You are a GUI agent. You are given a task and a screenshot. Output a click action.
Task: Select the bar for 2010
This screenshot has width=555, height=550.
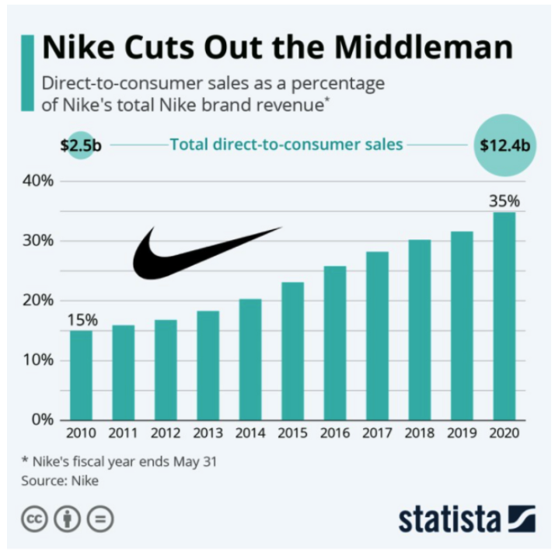coord(81,375)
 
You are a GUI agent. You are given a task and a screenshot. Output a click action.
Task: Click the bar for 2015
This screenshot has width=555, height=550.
coord(292,351)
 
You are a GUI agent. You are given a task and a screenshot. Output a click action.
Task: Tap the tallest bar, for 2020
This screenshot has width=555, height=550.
coord(504,316)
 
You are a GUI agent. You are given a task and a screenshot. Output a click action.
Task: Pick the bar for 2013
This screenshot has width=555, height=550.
coord(208,365)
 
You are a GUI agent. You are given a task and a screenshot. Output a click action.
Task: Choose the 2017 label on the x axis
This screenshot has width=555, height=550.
coord(377,433)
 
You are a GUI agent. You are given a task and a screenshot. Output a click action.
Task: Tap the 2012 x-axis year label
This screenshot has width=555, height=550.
coord(166,433)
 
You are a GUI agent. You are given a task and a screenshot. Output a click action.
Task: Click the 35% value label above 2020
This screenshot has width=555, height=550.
coord(504,201)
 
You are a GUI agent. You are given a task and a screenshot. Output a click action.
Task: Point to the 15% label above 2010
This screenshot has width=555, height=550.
coord(81,320)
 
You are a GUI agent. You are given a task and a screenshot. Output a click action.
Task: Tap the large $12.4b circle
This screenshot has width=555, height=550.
coord(504,144)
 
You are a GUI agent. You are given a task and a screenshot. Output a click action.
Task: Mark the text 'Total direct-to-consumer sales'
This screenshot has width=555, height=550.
coord(285,144)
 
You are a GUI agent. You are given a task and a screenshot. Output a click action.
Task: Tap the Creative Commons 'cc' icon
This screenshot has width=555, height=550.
coord(35,519)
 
